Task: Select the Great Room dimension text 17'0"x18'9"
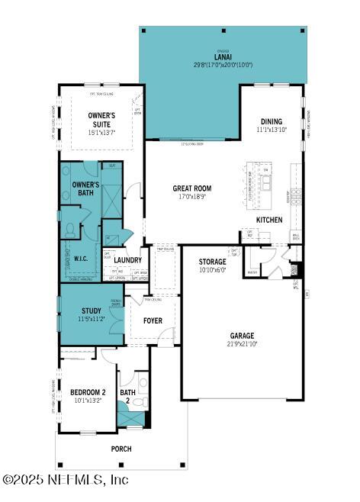click(192, 197)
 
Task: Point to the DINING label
click(271, 121)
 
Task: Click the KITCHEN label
click(269, 220)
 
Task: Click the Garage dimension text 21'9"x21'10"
click(242, 344)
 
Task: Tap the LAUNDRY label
click(128, 260)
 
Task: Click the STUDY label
click(92, 311)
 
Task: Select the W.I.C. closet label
click(82, 258)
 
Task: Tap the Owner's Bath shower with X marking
click(112, 201)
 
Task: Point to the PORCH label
click(121, 449)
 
